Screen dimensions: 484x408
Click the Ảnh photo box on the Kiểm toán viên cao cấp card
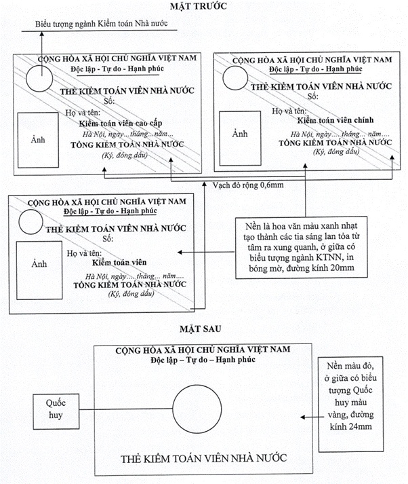pyautogui.click(x=39, y=139)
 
